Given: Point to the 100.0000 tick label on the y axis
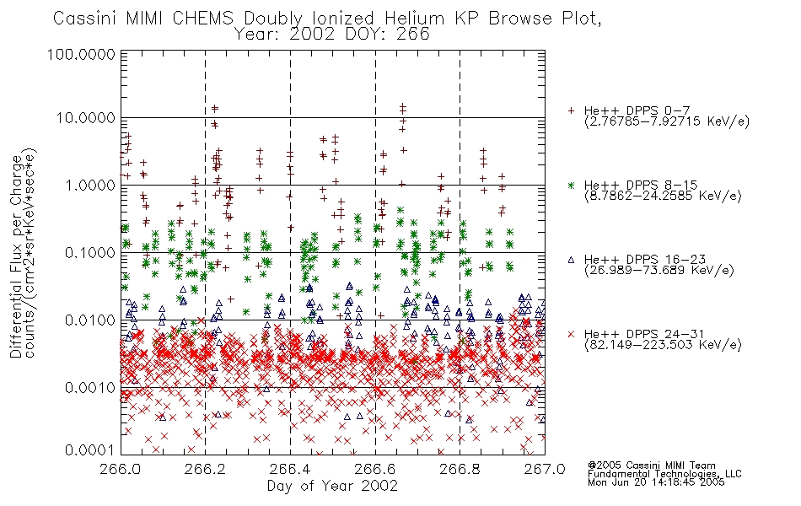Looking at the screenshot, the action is pos(81,54).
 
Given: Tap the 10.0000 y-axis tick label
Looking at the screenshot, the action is pos(86,118).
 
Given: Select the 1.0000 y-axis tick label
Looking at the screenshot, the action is pos(90,185).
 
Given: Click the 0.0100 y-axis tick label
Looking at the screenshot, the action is pos(90,320).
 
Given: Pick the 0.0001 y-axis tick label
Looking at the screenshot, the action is pos(90,450).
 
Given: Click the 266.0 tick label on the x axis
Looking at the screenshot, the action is pos(121,469).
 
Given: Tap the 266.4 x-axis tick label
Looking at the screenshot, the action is pos(290,469).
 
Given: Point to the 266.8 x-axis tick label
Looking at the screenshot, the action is pos(460,469).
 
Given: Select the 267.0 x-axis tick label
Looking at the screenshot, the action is pos(545,469).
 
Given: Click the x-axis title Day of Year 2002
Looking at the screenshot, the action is pos(332,486).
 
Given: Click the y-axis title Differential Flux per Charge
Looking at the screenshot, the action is pos(16,256).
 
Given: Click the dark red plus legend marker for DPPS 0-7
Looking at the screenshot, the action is pos(571,110).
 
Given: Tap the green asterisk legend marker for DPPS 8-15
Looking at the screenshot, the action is pos(571,185).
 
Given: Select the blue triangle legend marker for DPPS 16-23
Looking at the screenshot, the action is pos(571,260).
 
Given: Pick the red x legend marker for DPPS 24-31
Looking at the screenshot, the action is pos(571,334).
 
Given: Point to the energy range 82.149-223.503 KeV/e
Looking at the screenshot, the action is pos(663,345).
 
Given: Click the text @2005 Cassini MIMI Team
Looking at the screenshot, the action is pos(651,466).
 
